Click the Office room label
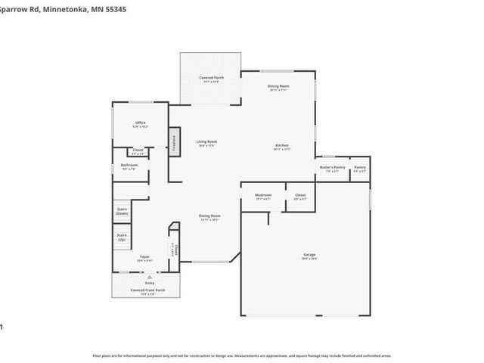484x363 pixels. point(141,123)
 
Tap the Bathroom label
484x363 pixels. point(129,165)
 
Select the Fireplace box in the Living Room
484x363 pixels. point(174,141)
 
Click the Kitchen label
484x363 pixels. point(281,144)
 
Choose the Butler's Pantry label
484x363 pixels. point(332,167)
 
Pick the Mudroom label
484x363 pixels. point(263,195)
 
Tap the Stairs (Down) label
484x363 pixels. point(122,211)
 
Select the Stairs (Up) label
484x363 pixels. point(122,237)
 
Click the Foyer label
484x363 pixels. point(144,256)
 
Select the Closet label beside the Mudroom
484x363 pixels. point(299,195)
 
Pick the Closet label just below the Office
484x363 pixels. point(138,150)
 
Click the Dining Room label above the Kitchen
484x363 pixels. point(278,86)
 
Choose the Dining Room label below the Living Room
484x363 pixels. point(209,216)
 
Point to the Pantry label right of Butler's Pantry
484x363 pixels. point(360,167)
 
